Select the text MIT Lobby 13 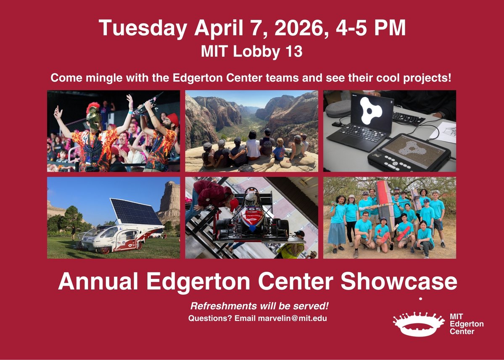252,52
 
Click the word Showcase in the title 398,282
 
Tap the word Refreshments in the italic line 220,305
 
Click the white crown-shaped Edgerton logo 418,324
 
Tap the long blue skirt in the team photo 337,234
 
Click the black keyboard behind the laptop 408,119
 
